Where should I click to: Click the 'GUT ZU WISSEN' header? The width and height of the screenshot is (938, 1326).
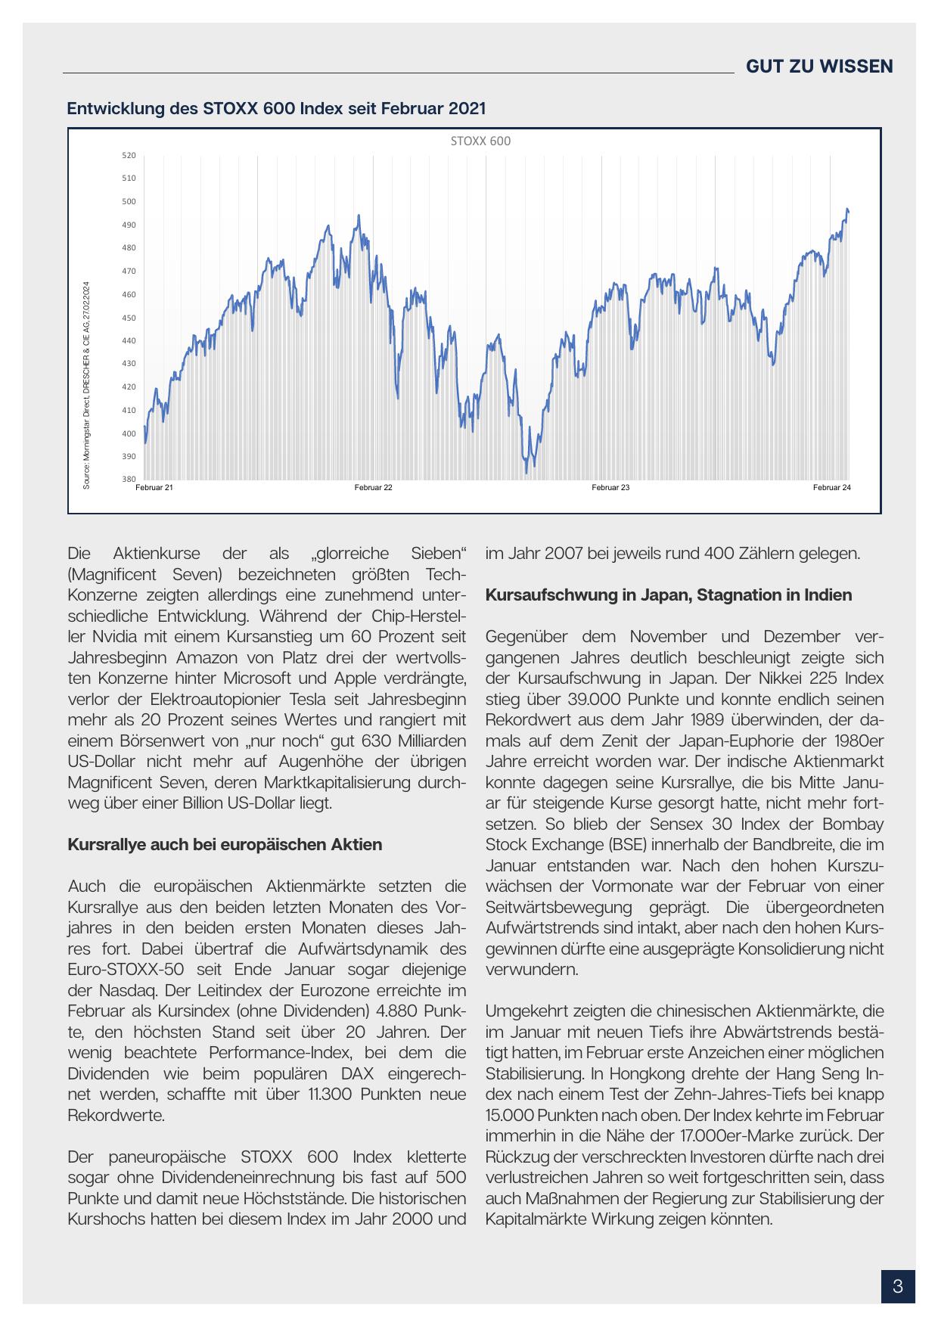[x=819, y=67]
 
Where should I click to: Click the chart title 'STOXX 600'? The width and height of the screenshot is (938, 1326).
[x=480, y=141]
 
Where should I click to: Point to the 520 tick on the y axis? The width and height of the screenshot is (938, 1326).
[x=129, y=155]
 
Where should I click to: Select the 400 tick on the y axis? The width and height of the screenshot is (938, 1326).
[x=129, y=433]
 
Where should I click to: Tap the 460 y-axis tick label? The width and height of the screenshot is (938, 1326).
[x=129, y=294]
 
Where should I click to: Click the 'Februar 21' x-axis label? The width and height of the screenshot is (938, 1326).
[x=154, y=488]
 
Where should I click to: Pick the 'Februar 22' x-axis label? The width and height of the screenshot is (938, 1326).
[x=373, y=488]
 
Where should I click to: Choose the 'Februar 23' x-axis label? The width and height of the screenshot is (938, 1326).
[x=610, y=488]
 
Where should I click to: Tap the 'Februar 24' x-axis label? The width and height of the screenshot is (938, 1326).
[x=832, y=488]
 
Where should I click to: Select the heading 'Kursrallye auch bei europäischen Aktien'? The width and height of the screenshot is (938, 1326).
[x=225, y=844]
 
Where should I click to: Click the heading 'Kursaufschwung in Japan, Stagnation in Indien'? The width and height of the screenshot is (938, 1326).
[x=668, y=595]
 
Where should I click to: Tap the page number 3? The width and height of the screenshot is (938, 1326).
[x=898, y=1286]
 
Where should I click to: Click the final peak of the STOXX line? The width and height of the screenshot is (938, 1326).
[x=847, y=210]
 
